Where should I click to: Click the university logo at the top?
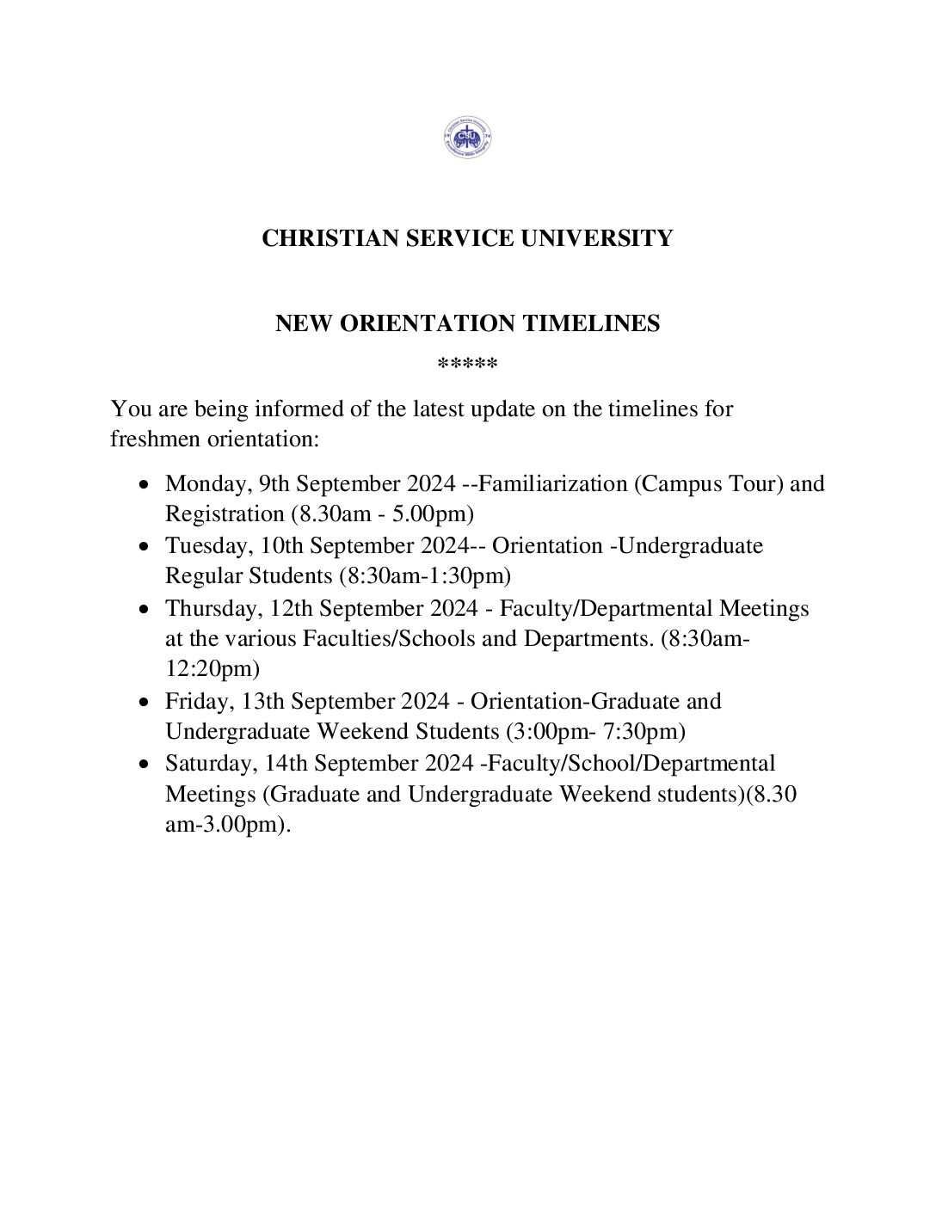tap(467, 138)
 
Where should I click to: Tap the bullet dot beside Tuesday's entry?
tap(145, 547)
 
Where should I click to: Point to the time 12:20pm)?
tap(212, 669)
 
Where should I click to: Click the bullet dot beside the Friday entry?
tap(145, 703)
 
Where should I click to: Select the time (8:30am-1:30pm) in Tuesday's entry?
tap(424, 576)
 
